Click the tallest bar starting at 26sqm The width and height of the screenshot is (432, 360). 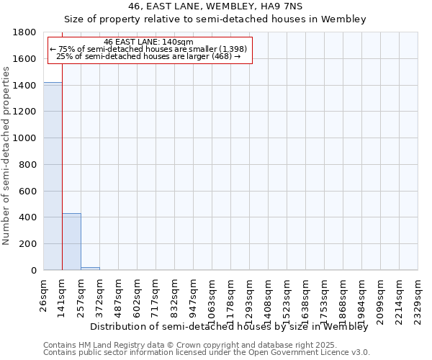pyautogui.click(x=53, y=176)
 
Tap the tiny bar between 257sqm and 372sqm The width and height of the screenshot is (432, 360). pyautogui.click(x=90, y=269)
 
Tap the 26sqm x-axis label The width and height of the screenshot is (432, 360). pyautogui.click(x=44, y=294)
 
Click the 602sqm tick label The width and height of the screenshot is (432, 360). pyautogui.click(x=138, y=296)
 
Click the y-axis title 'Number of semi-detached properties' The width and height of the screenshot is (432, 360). pyautogui.click(x=6, y=151)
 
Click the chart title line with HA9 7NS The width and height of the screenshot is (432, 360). pyautogui.click(x=215, y=6)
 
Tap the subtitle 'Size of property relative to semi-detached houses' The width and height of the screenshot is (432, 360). pyautogui.click(x=215, y=19)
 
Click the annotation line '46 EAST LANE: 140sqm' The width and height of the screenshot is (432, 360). pyautogui.click(x=148, y=42)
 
